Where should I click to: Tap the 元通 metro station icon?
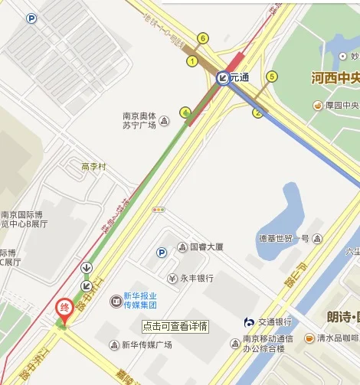pyautogui.click(x=222, y=77)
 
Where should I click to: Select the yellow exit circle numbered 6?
pyautogui.click(x=202, y=38)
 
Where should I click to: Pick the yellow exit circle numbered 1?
pyautogui.click(x=192, y=61)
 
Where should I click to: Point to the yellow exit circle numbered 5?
pyautogui.click(x=272, y=76)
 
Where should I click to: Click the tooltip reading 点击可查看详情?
pyautogui.click(x=175, y=326)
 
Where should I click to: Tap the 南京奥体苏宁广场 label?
pyautogui.click(x=139, y=121)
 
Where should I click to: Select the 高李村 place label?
pyautogui.click(x=93, y=166)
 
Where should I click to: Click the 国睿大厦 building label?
pyautogui.click(x=201, y=247)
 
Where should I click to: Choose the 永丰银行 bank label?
pyautogui.click(x=191, y=278)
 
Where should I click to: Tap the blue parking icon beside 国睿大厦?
pyautogui.click(x=162, y=252)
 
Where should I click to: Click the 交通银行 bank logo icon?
pyautogui.click(x=249, y=321)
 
